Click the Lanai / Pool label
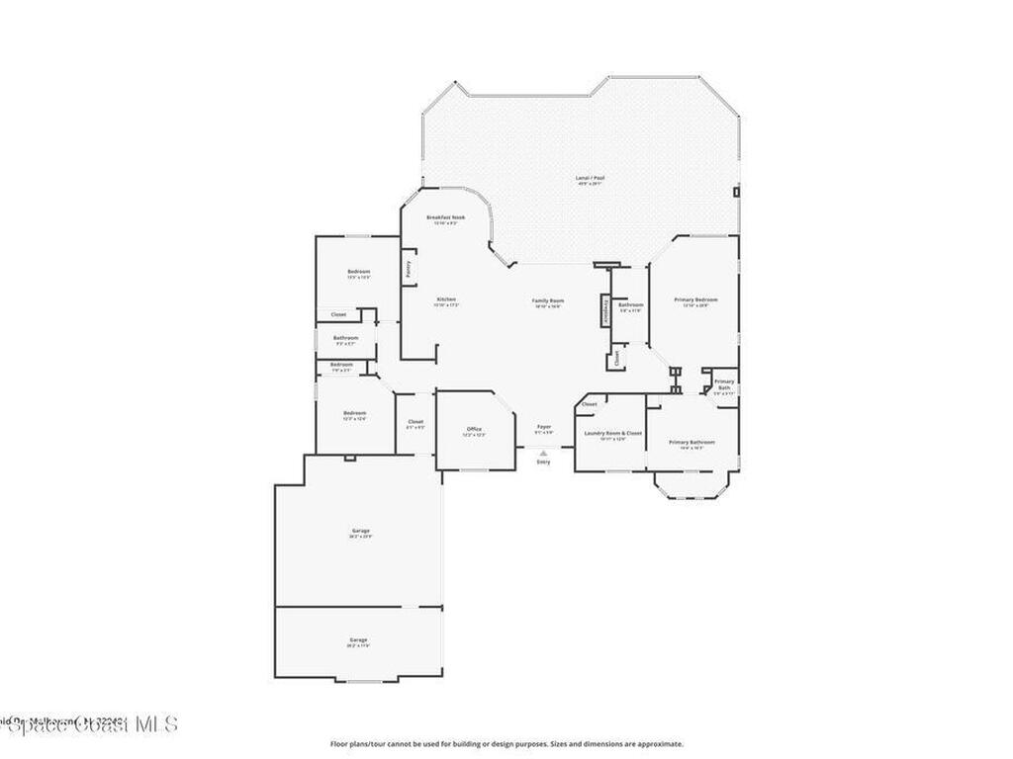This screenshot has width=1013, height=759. point(590,178)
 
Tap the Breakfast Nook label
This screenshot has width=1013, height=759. point(445,216)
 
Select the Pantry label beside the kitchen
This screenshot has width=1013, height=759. point(408,268)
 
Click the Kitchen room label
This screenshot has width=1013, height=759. point(447,299)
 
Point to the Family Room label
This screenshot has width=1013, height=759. point(548,299)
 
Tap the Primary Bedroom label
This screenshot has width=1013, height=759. point(695,299)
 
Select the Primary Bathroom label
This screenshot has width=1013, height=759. point(691,442)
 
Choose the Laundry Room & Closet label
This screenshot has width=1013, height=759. point(613,433)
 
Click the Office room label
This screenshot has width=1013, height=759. point(475,429)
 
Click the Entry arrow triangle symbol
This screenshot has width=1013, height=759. point(543,453)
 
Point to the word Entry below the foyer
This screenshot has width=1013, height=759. point(543,462)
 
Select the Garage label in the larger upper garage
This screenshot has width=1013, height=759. point(360,531)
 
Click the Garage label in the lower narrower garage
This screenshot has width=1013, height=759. point(358,639)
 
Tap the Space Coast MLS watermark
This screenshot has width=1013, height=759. point(89,724)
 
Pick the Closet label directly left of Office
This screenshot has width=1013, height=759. point(415,422)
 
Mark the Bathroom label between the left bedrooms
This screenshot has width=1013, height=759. point(345,338)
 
